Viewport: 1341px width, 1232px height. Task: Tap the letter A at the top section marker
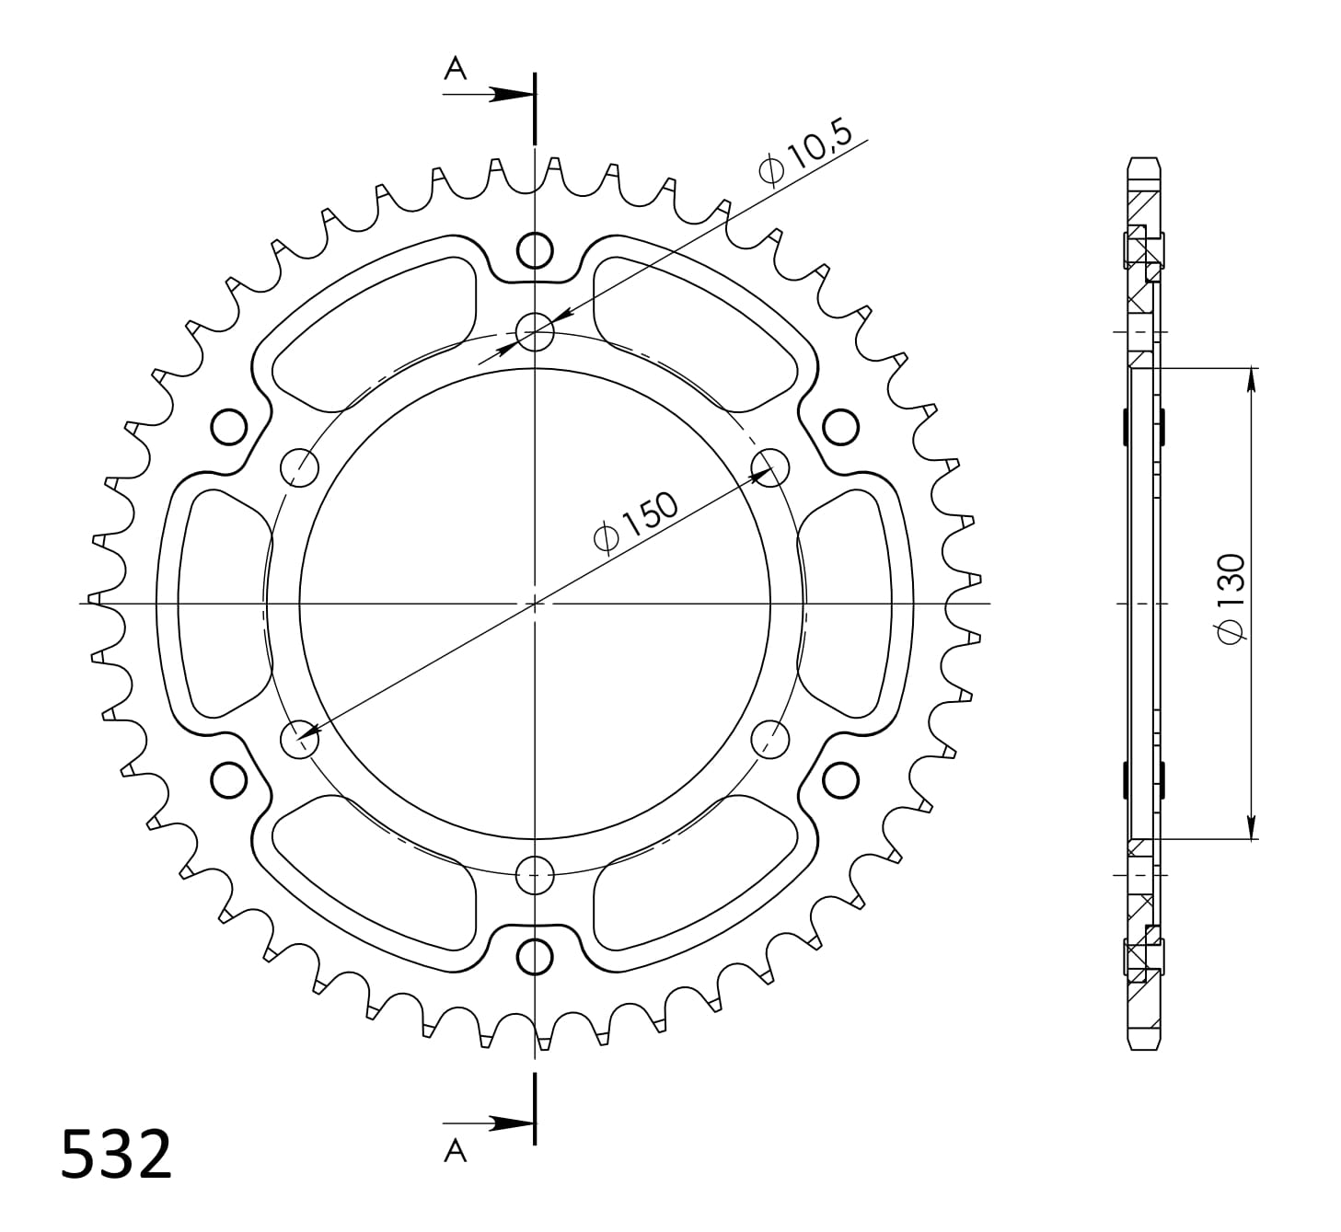456,67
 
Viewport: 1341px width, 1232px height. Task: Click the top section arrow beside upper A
488,94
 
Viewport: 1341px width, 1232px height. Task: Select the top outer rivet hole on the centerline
535,250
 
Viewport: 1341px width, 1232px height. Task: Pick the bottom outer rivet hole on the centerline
535,957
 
